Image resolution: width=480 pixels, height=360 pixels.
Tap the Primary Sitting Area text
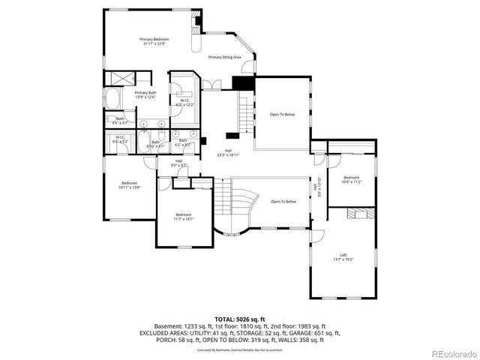pyautogui.click(x=224, y=57)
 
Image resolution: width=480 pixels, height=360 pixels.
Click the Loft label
pyautogui.click(x=343, y=256)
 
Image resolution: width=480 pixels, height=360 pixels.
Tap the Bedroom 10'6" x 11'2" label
pyautogui.click(x=352, y=179)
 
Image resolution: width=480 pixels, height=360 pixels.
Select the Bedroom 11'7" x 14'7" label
pyautogui.click(x=184, y=217)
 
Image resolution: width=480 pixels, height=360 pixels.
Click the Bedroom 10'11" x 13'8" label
pyautogui.click(x=130, y=185)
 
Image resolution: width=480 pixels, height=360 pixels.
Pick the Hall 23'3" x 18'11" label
pyautogui.click(x=228, y=152)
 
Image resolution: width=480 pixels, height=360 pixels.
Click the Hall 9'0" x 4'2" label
pyautogui.click(x=179, y=163)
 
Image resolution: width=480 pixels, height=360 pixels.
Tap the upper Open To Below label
pyautogui.click(x=282, y=115)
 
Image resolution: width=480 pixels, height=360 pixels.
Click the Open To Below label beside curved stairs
pyautogui.click(x=283, y=202)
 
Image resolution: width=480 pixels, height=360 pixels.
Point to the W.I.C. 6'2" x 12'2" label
pyautogui.click(x=184, y=103)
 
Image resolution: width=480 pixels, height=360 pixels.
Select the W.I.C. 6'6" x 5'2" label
pyautogui.click(x=120, y=139)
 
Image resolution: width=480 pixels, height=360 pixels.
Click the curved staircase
pyautogui.click(x=238, y=206)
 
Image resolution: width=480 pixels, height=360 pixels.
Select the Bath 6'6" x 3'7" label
pyautogui.click(x=120, y=120)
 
